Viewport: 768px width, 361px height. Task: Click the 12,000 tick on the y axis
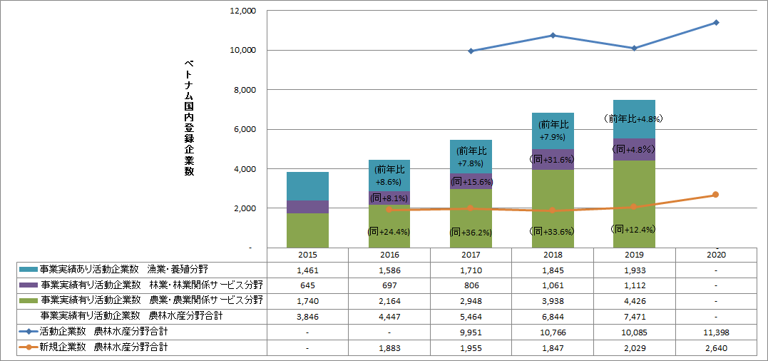(x=243, y=11)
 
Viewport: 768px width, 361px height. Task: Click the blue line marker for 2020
(x=716, y=23)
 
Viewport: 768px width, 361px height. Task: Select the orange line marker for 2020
(x=716, y=195)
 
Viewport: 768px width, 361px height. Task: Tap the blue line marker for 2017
(x=471, y=51)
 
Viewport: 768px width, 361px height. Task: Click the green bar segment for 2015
(x=307, y=230)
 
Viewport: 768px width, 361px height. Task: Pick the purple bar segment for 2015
(x=307, y=207)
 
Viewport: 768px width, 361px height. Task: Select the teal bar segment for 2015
(x=307, y=186)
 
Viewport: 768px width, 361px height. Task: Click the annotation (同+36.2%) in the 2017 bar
(x=471, y=232)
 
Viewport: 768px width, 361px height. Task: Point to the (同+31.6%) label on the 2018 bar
(x=552, y=159)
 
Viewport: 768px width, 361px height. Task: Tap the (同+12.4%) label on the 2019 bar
(x=634, y=229)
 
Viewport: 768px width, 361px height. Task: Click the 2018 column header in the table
(x=552, y=255)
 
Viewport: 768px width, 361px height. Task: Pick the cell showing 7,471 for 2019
(x=634, y=315)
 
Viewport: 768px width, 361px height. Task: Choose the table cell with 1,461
(x=307, y=270)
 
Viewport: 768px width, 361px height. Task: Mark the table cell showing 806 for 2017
(x=471, y=285)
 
